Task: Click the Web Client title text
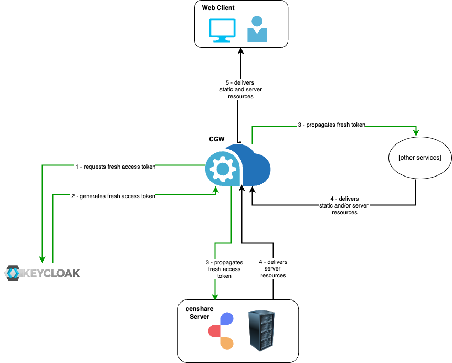click(x=218, y=8)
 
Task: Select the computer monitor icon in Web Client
click(x=222, y=30)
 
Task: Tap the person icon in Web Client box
click(x=257, y=29)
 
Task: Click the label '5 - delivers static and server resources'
click(x=240, y=90)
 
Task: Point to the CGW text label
click(x=217, y=140)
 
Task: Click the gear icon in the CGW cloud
click(x=223, y=169)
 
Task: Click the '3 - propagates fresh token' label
click(x=331, y=126)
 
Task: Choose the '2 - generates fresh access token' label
click(x=113, y=196)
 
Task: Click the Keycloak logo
click(x=43, y=273)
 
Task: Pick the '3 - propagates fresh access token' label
click(x=224, y=269)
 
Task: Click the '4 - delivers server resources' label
click(x=273, y=268)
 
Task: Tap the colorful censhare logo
click(x=221, y=331)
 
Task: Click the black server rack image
click(x=261, y=330)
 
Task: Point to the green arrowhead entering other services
click(x=417, y=132)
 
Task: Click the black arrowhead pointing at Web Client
click(x=241, y=51)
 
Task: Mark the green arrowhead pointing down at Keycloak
click(x=41, y=258)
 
